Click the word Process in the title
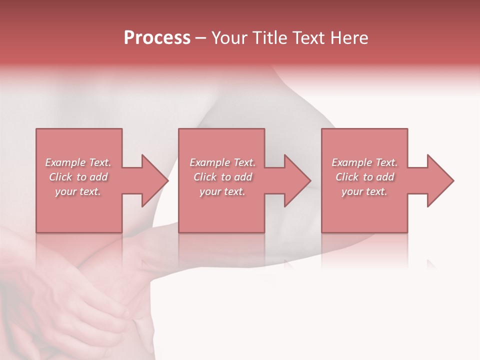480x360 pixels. point(157,38)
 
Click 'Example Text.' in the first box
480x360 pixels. point(78,162)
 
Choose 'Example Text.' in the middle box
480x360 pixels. point(222,162)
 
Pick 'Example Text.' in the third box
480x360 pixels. point(364,162)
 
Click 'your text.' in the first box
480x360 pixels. point(78,191)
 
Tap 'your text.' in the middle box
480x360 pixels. point(222,191)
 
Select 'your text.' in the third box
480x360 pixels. point(364,191)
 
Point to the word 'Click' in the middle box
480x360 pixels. point(205,177)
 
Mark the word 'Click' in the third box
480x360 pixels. point(347,177)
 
